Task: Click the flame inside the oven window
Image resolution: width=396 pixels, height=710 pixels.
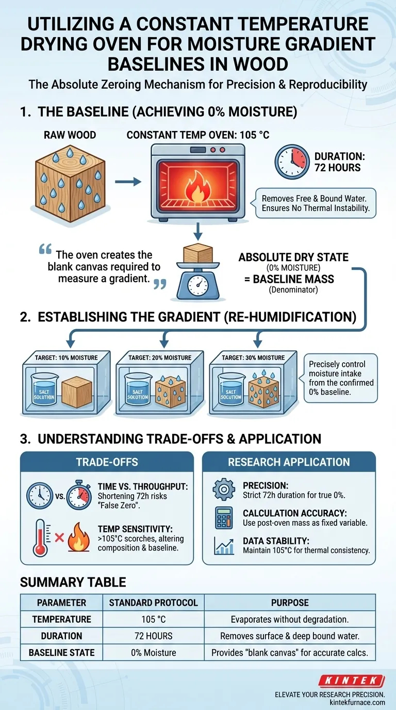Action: [x=197, y=187]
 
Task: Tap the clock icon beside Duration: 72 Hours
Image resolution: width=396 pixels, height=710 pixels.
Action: [x=292, y=162]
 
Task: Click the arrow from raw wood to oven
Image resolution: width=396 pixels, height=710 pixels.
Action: [x=128, y=182]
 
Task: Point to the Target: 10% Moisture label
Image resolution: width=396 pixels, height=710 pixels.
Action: [x=66, y=358]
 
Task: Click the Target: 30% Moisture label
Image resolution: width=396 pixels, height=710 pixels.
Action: [x=253, y=358]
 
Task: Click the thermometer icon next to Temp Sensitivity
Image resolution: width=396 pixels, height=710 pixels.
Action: [x=40, y=538]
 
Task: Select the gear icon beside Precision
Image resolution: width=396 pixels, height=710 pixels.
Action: [x=224, y=489]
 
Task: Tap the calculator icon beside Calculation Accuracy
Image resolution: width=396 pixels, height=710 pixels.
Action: [x=224, y=518]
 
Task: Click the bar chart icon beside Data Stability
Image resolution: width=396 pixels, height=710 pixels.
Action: [x=224, y=545]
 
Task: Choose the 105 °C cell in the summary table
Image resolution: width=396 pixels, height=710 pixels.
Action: [x=153, y=619]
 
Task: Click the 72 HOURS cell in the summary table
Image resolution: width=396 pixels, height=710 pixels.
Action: [x=153, y=636]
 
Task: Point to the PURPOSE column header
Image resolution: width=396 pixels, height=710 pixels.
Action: [x=290, y=603]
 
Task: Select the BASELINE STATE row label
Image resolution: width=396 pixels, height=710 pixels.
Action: [x=61, y=653]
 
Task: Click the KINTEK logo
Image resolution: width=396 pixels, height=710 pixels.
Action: [x=352, y=681]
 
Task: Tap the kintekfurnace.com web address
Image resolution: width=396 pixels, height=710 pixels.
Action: [x=357, y=702]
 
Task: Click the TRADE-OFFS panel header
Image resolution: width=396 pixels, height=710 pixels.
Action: [x=107, y=462]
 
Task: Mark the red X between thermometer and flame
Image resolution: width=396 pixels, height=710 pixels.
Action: [x=60, y=537]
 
